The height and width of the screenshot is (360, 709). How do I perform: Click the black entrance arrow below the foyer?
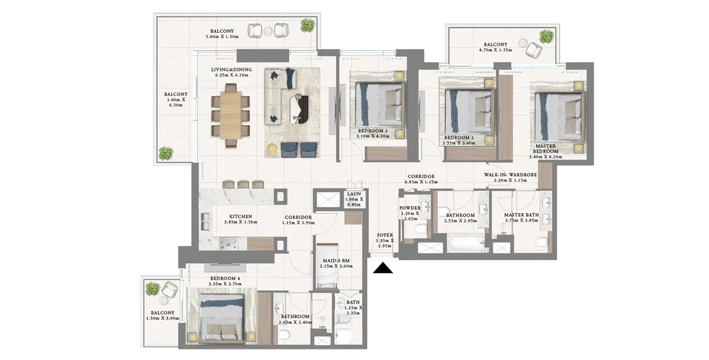[383, 268]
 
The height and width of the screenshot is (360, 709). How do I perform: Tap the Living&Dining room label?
[232, 70]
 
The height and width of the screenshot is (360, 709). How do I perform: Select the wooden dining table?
[231, 115]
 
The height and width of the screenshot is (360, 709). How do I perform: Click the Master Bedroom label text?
[546, 148]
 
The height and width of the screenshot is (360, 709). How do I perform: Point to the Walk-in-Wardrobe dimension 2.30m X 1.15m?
[510, 181]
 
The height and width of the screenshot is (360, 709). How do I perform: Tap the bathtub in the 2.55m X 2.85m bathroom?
[466, 243]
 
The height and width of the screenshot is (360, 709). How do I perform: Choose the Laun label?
[354, 194]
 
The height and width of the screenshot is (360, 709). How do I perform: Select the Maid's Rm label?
[336, 261]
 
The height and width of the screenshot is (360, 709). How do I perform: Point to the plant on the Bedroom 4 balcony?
[153, 289]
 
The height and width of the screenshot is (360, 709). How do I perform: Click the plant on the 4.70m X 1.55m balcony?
[547, 37]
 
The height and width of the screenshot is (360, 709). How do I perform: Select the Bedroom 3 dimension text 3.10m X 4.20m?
[373, 136]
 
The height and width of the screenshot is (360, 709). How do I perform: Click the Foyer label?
[385, 235]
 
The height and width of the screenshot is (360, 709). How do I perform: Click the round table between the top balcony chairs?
[268, 30]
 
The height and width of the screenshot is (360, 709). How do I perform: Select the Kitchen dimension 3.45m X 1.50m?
[240, 222]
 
